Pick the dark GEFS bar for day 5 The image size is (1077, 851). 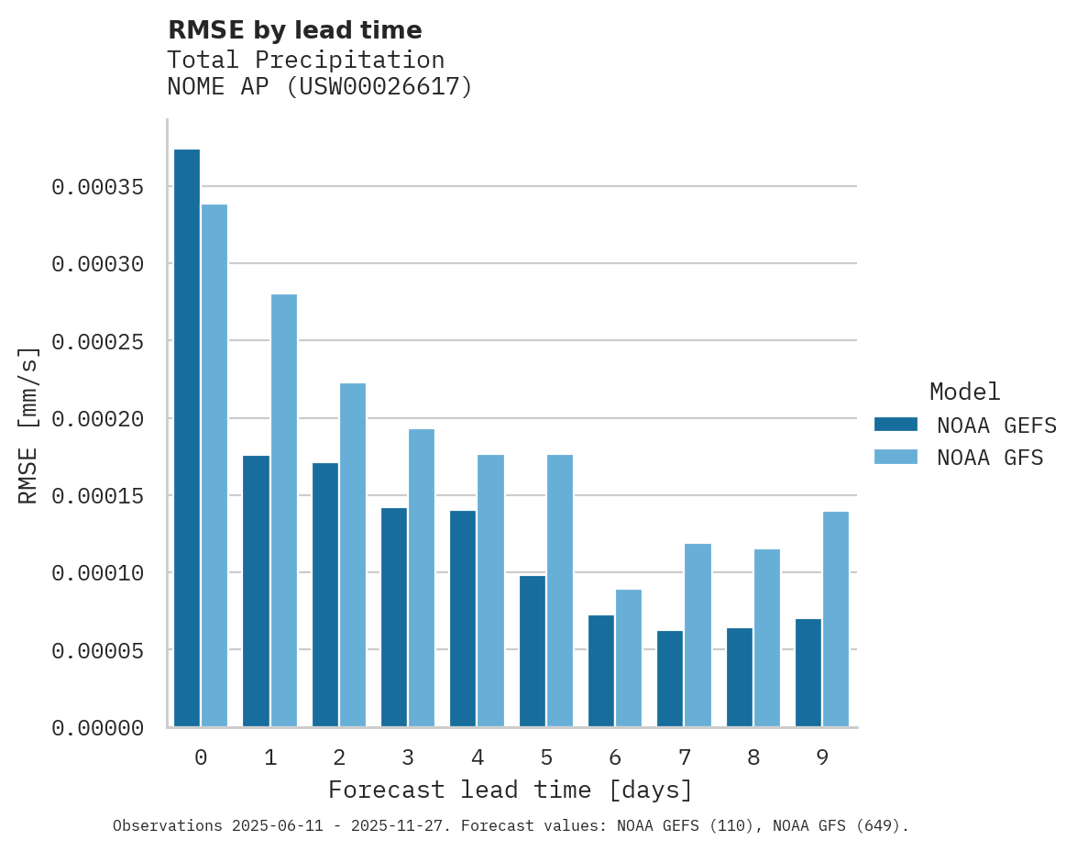pyautogui.click(x=533, y=651)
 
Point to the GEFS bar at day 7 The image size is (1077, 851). pyautogui.click(x=671, y=679)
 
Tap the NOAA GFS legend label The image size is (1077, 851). pyautogui.click(x=990, y=458)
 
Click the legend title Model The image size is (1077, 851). pyautogui.click(x=964, y=392)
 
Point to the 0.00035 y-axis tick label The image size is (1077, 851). pyautogui.click(x=98, y=187)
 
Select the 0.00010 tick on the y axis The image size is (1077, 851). pyautogui.click(x=98, y=573)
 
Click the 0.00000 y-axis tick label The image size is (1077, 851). pyautogui.click(x=98, y=728)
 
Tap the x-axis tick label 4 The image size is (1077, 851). pyautogui.click(x=478, y=758)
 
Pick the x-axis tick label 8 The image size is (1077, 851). pyautogui.click(x=753, y=758)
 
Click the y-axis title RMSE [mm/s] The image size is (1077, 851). pyautogui.click(x=29, y=425)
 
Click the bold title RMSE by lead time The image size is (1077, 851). pyautogui.click(x=295, y=30)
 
